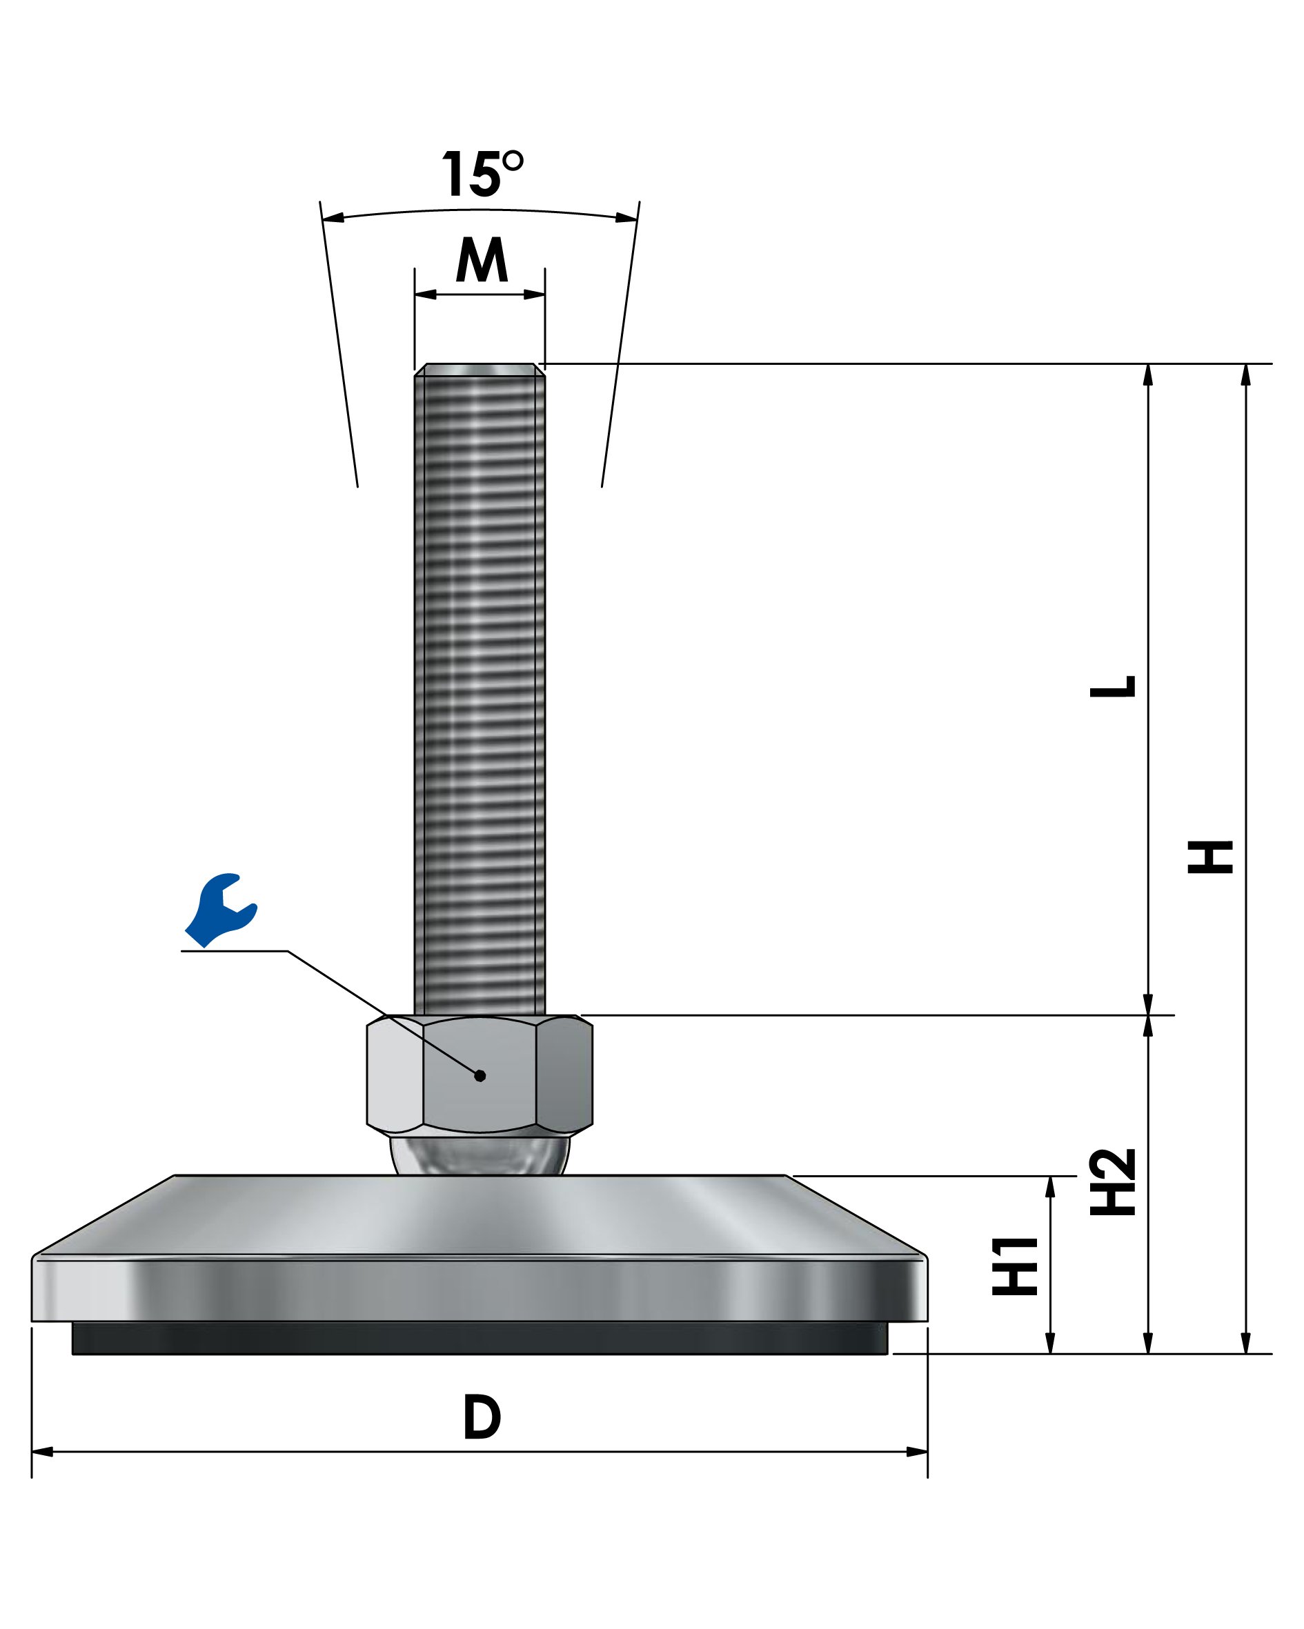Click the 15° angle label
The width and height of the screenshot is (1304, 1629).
pyautogui.click(x=482, y=173)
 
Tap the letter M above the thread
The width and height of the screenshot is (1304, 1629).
pyautogui.click(x=482, y=260)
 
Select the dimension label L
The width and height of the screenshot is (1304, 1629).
pyautogui.click(x=1113, y=686)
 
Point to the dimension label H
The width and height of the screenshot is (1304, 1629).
pyautogui.click(x=1210, y=857)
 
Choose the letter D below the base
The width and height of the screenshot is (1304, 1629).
pyautogui.click(x=482, y=1417)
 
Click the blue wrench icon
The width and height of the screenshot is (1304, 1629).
pyautogui.click(x=221, y=910)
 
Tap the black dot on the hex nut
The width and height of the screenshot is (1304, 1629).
pyautogui.click(x=480, y=1076)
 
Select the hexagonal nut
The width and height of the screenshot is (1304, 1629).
pyautogui.click(x=480, y=1076)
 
